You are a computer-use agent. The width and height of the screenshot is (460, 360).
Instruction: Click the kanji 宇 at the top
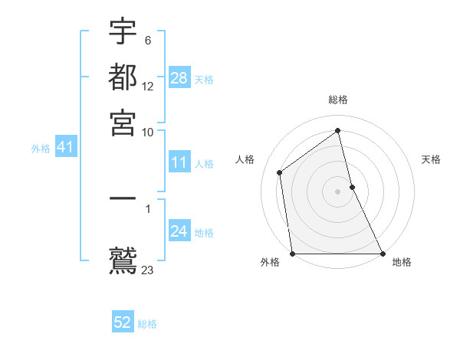click(123, 33)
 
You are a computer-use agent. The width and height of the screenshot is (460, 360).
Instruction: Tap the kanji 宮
click(123, 122)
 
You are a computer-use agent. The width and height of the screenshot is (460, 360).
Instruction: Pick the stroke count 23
click(148, 270)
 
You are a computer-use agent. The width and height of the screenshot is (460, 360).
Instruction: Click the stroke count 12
click(148, 87)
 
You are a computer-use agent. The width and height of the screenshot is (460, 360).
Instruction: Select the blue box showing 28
click(179, 77)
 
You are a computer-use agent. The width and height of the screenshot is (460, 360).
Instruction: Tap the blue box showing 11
click(179, 162)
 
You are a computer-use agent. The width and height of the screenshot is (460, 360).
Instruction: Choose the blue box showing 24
click(179, 231)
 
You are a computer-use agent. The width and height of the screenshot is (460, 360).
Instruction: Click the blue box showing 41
click(65, 147)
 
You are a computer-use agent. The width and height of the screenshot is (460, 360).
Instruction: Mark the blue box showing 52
click(123, 322)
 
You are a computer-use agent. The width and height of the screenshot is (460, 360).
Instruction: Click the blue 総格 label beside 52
click(147, 324)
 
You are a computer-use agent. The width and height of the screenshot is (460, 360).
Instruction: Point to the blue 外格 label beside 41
click(41, 149)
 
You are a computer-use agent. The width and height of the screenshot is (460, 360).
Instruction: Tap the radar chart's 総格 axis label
click(338, 100)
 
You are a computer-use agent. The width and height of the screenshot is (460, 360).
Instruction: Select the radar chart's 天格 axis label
click(431, 159)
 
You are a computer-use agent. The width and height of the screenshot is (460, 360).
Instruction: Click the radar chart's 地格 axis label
click(402, 262)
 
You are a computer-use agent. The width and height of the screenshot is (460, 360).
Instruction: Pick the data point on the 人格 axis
click(280, 172)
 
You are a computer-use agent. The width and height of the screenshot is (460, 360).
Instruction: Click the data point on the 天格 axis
click(352, 187)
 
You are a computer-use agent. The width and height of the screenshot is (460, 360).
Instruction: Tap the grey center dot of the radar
click(338, 191)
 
